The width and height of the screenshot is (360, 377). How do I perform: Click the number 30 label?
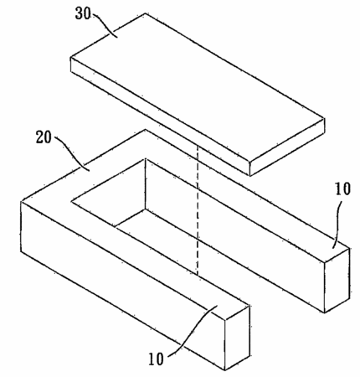pos(83,13)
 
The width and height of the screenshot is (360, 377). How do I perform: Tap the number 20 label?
pos(44,137)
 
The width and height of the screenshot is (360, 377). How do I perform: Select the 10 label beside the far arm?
pos(342,189)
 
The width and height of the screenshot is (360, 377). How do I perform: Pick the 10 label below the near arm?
pos(156,359)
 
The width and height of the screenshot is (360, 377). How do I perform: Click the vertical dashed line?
pos(198,210)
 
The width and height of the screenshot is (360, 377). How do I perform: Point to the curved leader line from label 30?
pos(105,25)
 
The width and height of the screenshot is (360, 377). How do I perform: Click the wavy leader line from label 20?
pos(71,153)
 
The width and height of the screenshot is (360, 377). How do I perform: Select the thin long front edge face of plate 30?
pos(160,116)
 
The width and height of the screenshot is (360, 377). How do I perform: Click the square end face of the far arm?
pos(337,280)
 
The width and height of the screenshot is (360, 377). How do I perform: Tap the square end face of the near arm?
pos(237,338)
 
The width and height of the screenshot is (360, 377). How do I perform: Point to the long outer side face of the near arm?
pos(123,286)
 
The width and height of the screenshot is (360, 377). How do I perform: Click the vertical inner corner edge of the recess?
pos(145,183)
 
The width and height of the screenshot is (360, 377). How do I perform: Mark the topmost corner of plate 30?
pos(146,13)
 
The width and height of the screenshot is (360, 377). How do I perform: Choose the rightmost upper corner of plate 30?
pos(324,118)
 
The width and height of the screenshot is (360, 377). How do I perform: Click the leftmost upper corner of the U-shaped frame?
pos(21,201)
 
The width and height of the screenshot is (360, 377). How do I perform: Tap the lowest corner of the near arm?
pos(225,370)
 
